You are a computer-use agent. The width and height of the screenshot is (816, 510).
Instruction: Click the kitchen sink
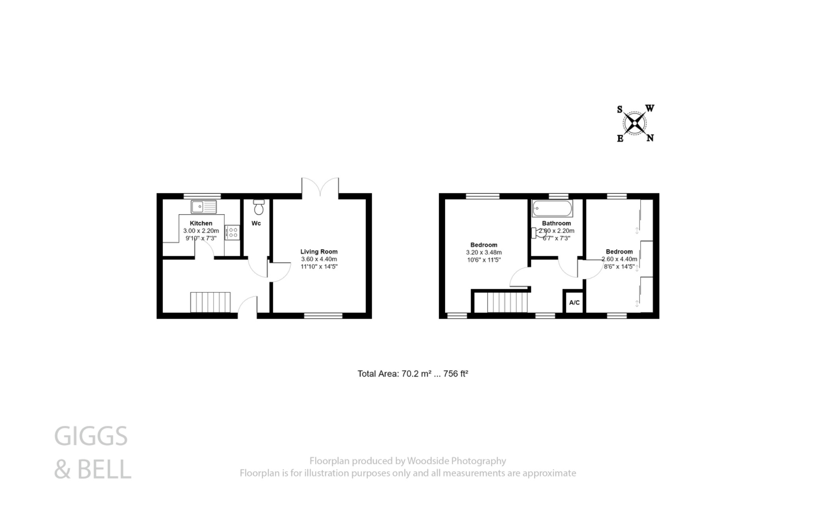click(204, 207)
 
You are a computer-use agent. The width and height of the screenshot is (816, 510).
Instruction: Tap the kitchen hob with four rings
click(232, 232)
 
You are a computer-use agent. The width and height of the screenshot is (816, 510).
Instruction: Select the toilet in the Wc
click(259, 207)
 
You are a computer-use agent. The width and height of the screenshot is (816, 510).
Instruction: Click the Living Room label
click(319, 251)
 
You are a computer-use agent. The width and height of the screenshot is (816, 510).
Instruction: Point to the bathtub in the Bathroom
click(552, 208)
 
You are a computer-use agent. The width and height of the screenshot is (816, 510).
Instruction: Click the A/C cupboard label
click(574, 303)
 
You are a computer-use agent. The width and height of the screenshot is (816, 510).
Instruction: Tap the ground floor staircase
click(210, 302)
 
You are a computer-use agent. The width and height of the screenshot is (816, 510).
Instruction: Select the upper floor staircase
click(507, 302)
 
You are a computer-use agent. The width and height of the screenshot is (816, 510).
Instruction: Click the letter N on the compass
click(649, 138)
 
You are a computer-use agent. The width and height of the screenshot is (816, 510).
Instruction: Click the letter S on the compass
click(620, 109)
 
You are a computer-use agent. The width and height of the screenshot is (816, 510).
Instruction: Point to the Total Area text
click(412, 374)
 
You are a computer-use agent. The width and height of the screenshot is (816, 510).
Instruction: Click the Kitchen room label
click(201, 223)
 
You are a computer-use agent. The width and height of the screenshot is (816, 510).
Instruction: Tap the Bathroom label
click(556, 223)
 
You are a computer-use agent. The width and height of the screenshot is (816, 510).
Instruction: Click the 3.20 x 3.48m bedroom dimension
click(484, 252)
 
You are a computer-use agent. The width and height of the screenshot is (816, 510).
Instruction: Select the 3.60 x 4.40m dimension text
click(319, 259)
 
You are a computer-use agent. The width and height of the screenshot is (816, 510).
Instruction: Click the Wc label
click(256, 223)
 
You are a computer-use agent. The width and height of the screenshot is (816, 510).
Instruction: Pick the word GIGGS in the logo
click(91, 436)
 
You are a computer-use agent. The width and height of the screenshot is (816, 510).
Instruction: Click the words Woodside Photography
click(456, 461)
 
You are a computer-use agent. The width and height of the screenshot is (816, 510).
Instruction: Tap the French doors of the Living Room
click(320, 187)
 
